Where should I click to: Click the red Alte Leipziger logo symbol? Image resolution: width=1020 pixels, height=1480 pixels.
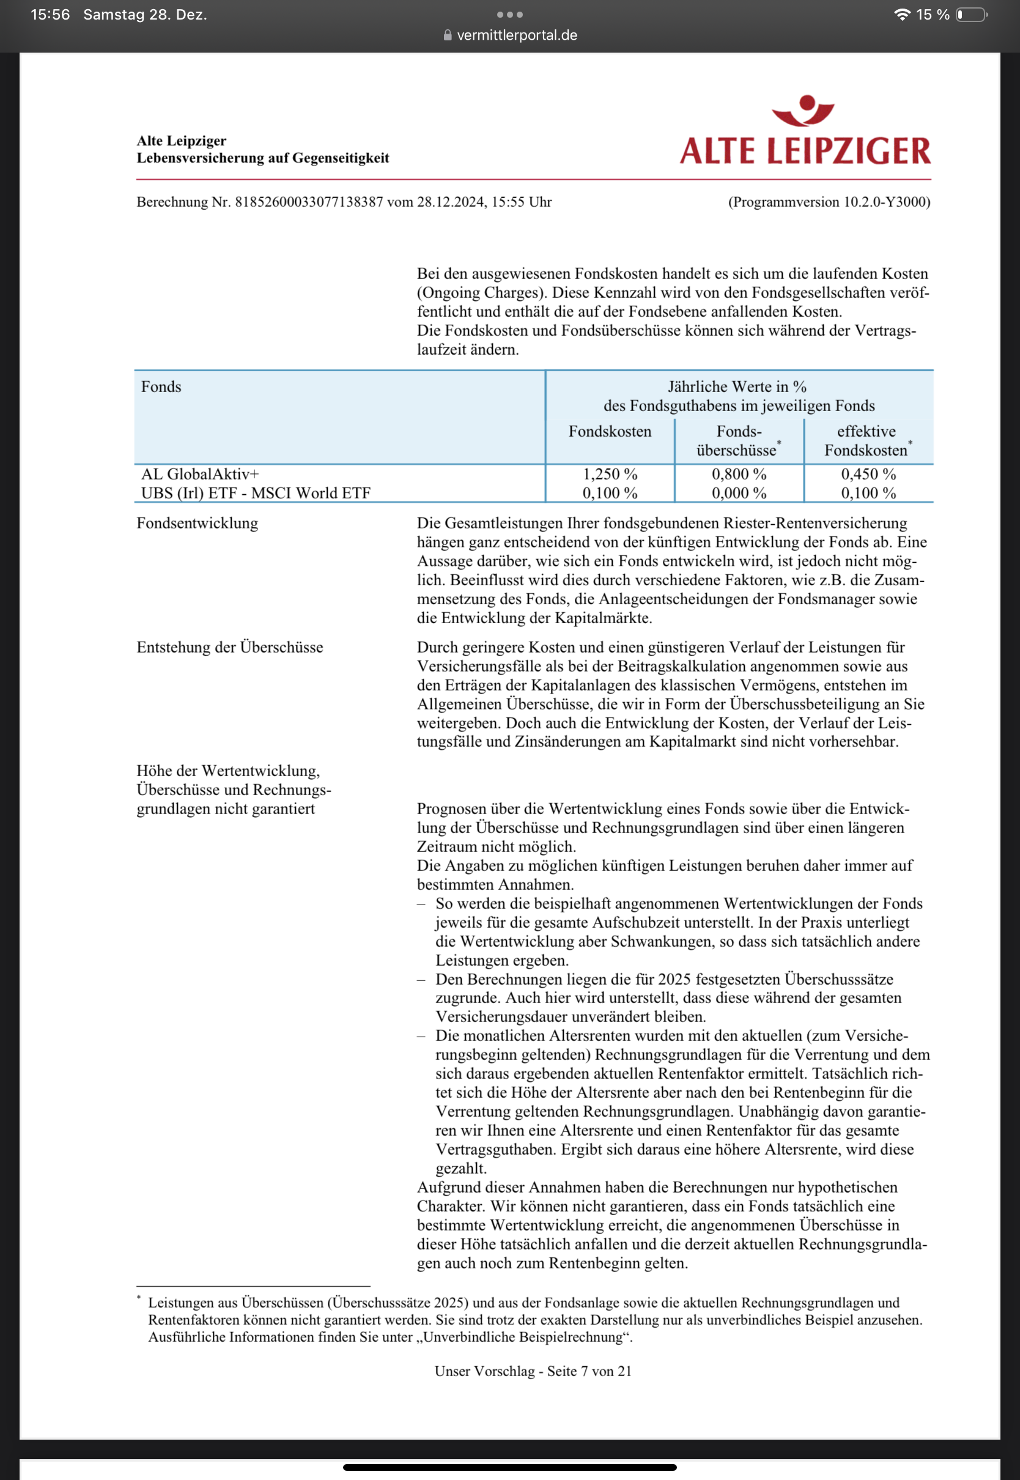pyautogui.click(x=803, y=111)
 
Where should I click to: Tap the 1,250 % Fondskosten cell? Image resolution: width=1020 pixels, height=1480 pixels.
pyautogui.click(x=610, y=474)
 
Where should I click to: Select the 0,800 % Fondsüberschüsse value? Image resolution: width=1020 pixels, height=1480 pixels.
pyautogui.click(x=739, y=474)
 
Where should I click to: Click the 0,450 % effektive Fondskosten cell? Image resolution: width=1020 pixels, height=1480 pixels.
pyautogui.click(x=868, y=474)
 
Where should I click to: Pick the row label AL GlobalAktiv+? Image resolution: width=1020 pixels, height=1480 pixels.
pyautogui.click(x=200, y=474)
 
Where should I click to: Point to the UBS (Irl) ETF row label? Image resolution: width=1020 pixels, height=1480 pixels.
pyautogui.click(x=256, y=494)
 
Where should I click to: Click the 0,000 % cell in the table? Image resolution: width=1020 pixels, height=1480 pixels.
pyautogui.click(x=739, y=494)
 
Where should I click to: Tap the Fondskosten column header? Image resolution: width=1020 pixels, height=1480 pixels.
pyautogui.click(x=610, y=431)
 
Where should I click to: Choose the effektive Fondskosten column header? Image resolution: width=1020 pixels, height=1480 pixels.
pyautogui.click(x=867, y=440)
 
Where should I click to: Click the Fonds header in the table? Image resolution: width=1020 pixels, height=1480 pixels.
pyautogui.click(x=161, y=387)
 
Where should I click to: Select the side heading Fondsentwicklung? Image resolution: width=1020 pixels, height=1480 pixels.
pyautogui.click(x=198, y=524)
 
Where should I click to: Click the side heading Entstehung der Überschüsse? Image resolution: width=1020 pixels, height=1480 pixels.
pyautogui.click(x=229, y=647)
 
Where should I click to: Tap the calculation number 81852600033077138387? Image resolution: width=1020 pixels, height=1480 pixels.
pyautogui.click(x=309, y=202)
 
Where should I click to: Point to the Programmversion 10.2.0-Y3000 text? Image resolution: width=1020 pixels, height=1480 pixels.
pyautogui.click(x=829, y=202)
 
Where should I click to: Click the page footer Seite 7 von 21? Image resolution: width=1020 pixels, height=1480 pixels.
pyautogui.click(x=533, y=1371)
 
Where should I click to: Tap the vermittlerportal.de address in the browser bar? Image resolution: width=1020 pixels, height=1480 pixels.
pyautogui.click(x=516, y=35)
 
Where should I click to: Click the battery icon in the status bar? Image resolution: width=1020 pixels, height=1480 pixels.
pyautogui.click(x=971, y=15)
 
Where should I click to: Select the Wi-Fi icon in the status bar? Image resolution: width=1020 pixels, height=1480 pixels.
pyautogui.click(x=902, y=15)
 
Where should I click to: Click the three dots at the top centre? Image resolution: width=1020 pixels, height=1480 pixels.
pyautogui.click(x=509, y=15)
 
